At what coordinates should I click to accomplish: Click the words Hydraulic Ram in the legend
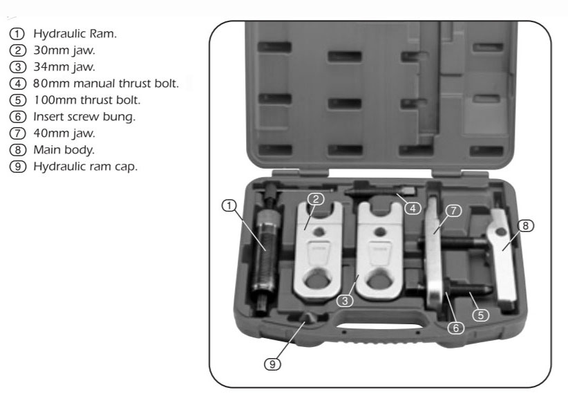(x=75, y=34)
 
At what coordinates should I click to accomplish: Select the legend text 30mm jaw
(x=64, y=50)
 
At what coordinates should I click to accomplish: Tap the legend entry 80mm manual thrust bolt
(x=106, y=84)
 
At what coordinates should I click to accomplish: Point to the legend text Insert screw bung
(x=84, y=117)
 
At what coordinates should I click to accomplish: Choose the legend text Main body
(x=64, y=150)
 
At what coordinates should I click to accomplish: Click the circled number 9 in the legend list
(x=18, y=167)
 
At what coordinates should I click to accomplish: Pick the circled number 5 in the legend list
(x=18, y=100)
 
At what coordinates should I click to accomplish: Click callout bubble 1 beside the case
(x=229, y=206)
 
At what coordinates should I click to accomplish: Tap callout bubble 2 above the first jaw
(x=316, y=199)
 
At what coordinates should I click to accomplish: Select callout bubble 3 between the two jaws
(x=345, y=301)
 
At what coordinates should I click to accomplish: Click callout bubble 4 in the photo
(x=413, y=208)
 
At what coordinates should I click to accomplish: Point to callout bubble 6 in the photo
(x=455, y=328)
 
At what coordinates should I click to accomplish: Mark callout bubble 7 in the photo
(x=453, y=210)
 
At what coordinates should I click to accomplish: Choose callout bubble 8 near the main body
(x=525, y=226)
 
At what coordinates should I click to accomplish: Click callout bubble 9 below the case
(x=272, y=364)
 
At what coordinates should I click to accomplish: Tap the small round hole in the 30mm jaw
(x=319, y=232)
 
